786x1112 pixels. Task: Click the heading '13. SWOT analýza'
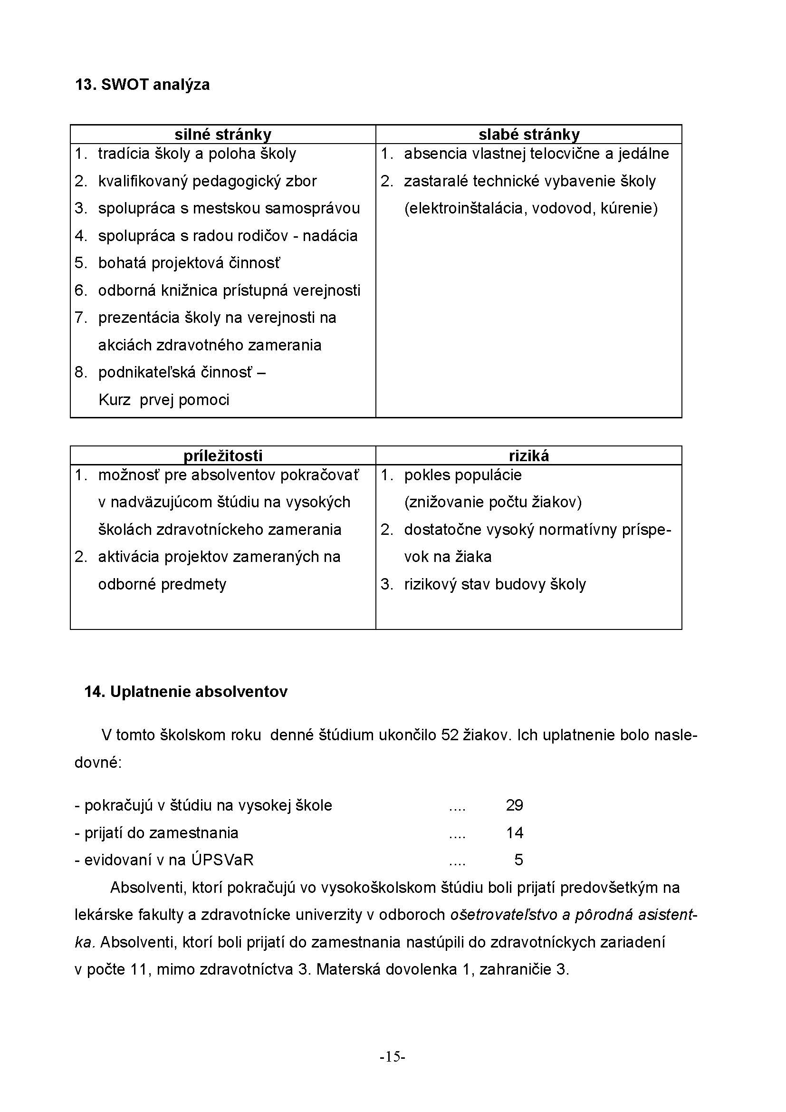[x=142, y=85]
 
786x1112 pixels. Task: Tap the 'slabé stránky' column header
[x=528, y=134]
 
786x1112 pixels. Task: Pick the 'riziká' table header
[x=528, y=456]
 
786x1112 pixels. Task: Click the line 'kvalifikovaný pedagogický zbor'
[x=207, y=181]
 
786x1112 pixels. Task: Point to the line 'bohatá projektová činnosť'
[x=189, y=263]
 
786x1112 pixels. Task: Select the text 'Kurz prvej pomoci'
[x=163, y=399]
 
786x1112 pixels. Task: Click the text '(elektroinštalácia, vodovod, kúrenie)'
[x=531, y=208]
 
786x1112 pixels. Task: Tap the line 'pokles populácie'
[x=463, y=475]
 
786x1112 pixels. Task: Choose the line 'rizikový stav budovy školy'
[x=495, y=584]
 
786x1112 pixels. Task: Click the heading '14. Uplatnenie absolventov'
[x=186, y=692]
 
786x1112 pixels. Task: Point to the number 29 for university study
[x=515, y=805]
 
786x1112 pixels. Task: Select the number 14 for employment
[x=515, y=833]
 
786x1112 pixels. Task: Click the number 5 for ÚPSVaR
[x=518, y=860]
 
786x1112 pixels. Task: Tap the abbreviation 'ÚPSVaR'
[x=222, y=860]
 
